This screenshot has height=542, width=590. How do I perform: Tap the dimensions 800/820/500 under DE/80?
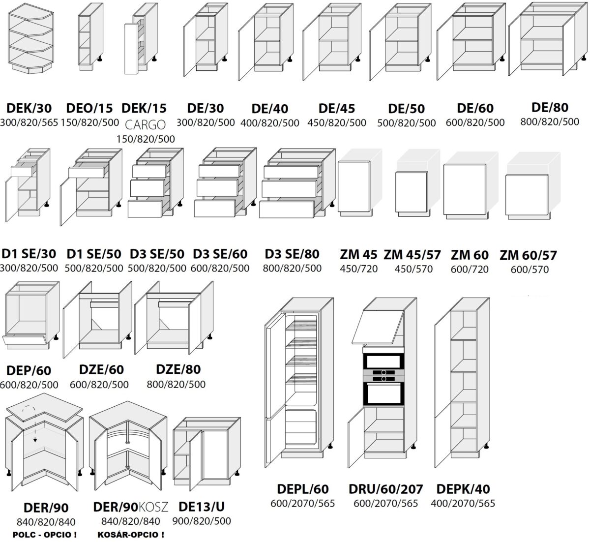550,121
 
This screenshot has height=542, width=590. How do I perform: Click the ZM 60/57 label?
529,255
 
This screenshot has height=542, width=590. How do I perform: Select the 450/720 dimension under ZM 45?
358,269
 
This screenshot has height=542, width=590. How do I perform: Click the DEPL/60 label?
302,489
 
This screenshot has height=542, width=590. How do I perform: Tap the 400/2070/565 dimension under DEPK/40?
463,503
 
